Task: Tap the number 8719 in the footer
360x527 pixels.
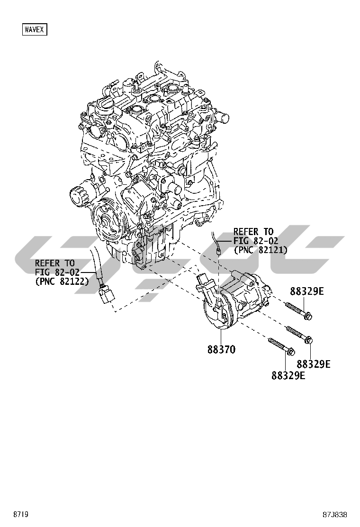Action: click(20, 514)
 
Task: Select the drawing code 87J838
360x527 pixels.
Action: click(335, 514)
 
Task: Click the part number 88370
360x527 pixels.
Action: click(221, 350)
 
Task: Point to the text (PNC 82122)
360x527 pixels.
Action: click(62, 281)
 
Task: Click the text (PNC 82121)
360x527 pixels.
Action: click(261, 250)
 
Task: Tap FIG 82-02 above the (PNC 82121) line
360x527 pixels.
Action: click(256, 241)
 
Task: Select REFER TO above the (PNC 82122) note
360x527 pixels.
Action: click(55, 263)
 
